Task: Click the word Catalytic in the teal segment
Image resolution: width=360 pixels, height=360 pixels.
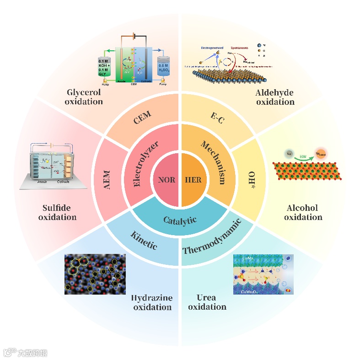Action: [x=180, y=220]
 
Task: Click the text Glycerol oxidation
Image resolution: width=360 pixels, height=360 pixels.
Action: [x=84, y=97]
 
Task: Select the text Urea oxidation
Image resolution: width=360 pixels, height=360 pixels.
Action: [x=207, y=302]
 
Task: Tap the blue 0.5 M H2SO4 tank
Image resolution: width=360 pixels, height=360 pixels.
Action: [x=164, y=66]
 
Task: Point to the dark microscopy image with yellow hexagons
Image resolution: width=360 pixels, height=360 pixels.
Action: [x=95, y=274]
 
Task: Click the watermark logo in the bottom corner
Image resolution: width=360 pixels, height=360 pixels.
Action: [x=25, y=353]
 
